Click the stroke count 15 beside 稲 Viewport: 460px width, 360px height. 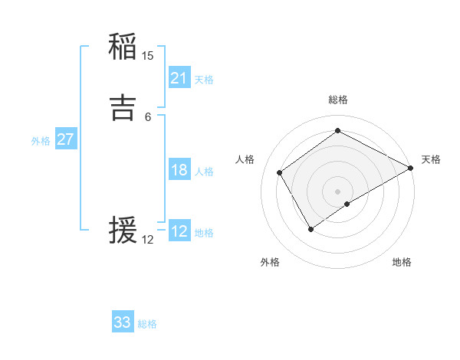point(148,55)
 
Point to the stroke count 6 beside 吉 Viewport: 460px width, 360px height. point(148,116)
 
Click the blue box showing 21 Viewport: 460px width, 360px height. point(179,78)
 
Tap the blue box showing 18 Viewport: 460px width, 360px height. point(179,170)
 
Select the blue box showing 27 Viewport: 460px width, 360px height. point(66,139)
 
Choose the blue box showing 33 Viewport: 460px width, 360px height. point(123,322)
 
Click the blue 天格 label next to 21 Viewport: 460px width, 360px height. point(204,80)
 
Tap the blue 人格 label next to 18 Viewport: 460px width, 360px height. point(204,172)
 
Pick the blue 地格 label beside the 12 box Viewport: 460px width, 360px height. point(204,233)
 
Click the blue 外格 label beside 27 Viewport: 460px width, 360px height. point(41,141)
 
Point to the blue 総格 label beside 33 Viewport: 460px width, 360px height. point(147,324)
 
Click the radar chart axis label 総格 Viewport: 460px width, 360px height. point(338,100)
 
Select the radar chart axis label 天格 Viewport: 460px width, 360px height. point(431,159)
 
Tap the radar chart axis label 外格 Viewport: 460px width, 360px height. point(270,262)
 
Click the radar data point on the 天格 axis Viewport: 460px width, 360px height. point(411,169)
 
